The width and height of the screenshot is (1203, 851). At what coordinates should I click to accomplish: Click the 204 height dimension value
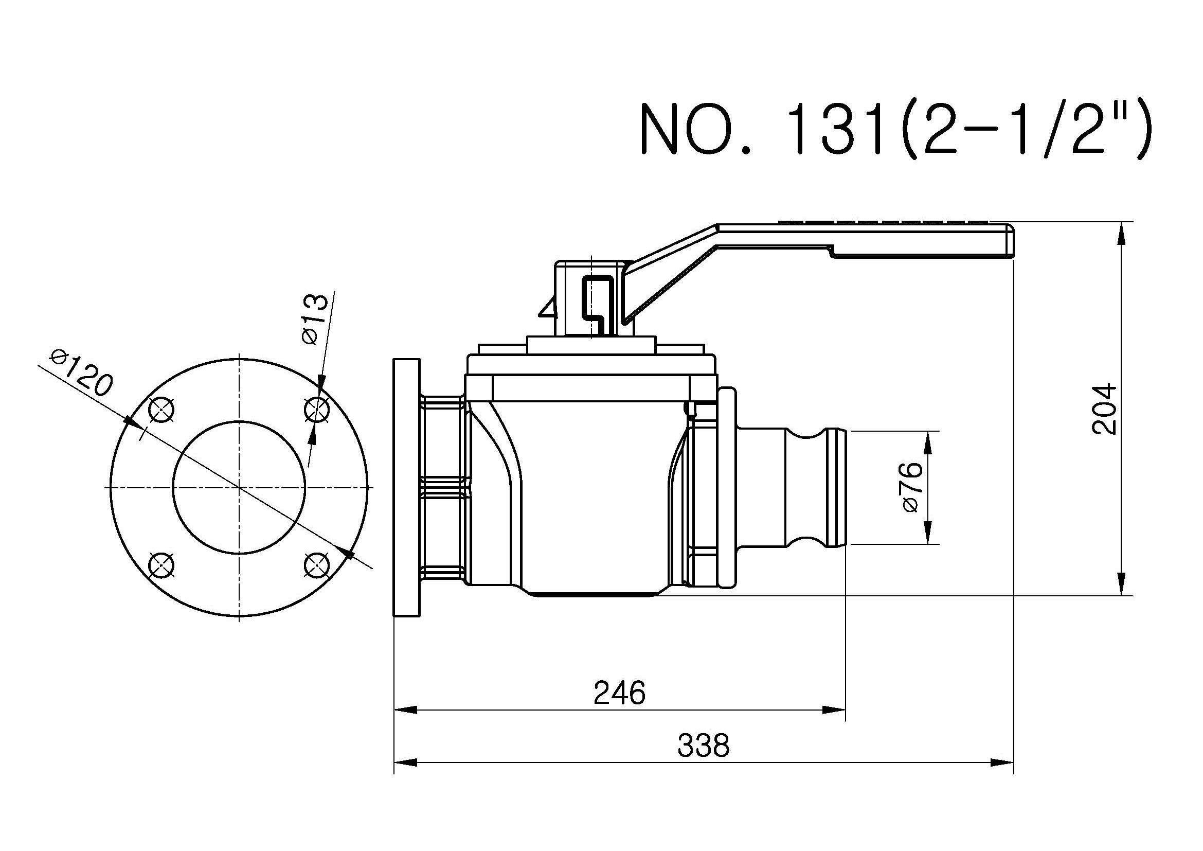coord(1103,409)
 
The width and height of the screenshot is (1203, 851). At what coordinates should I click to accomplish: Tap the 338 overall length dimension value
coord(703,745)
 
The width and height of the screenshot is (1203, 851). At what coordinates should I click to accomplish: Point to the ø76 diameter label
coord(912,487)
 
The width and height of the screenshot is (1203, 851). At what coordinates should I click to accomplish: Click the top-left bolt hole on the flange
coord(161,410)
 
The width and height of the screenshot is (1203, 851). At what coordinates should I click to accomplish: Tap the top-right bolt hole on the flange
coord(317,409)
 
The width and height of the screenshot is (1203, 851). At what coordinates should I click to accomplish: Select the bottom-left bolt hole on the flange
coord(161,565)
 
